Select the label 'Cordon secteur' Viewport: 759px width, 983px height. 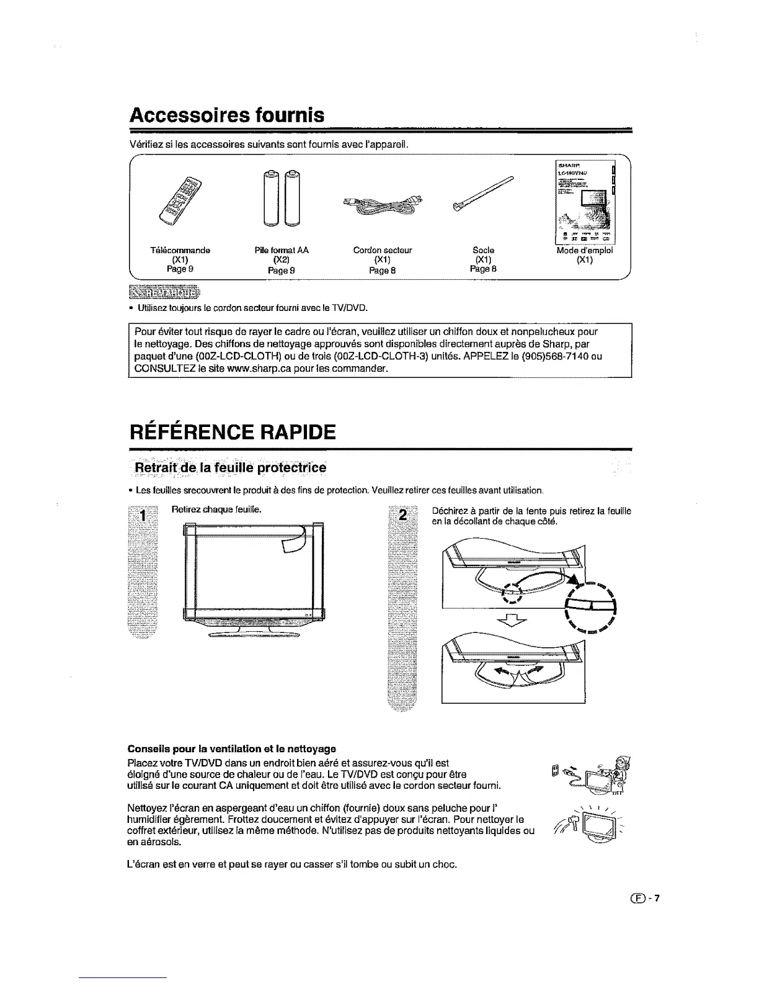click(383, 250)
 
